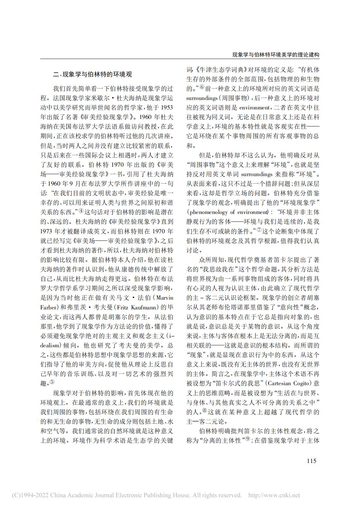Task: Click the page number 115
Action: pyautogui.click(x=312, y=461)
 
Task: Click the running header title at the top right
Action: pyautogui.click(x=275, y=55)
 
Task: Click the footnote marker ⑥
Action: pyautogui.click(x=202, y=87)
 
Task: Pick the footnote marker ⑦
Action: pyautogui.click(x=259, y=230)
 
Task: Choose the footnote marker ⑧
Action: pyautogui.click(x=205, y=411)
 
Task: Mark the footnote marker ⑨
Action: pyautogui.click(x=248, y=439)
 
